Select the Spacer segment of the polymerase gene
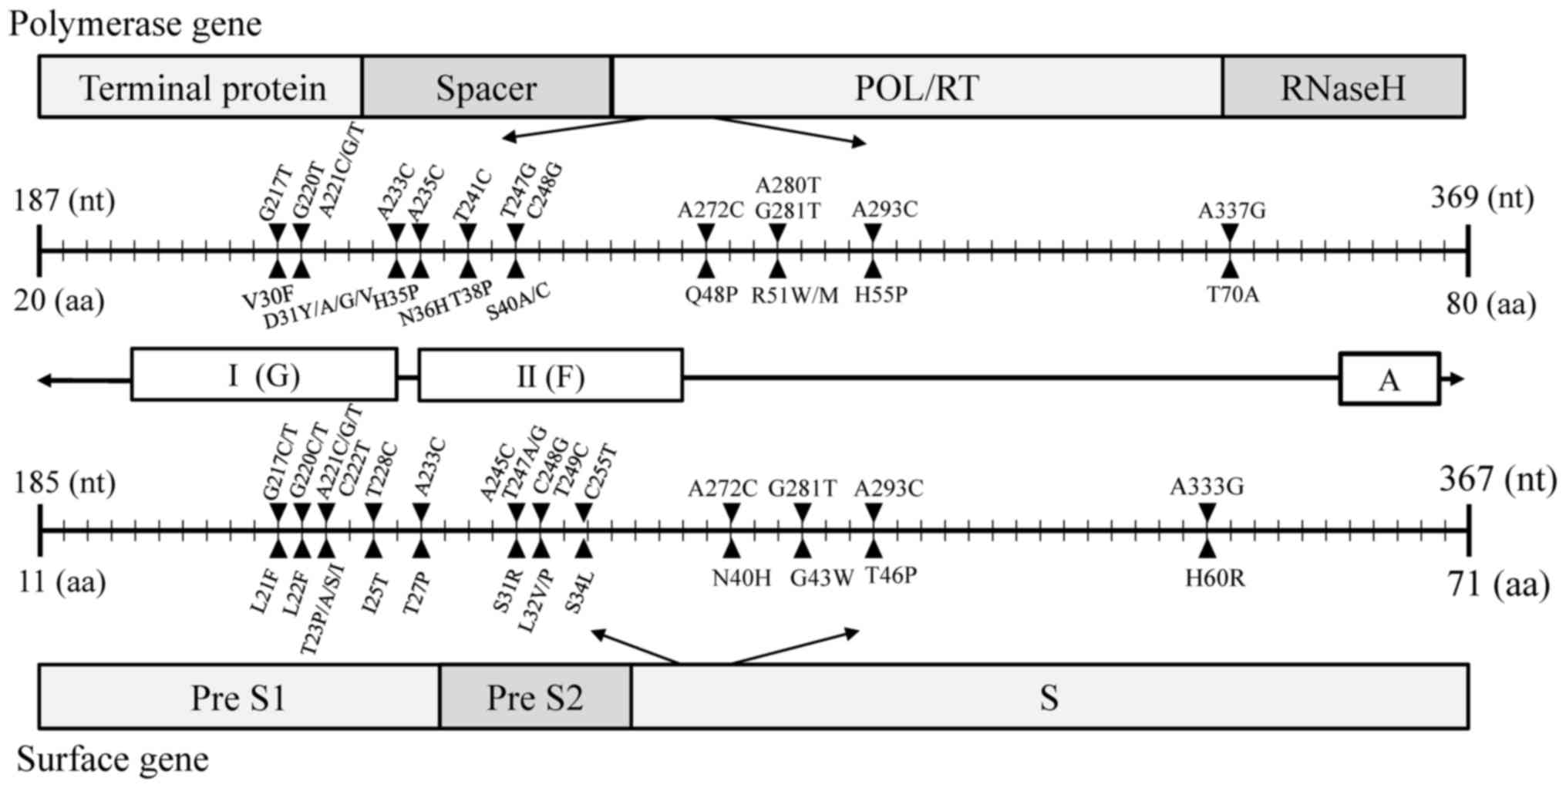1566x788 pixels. tap(487, 87)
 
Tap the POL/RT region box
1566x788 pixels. tap(916, 87)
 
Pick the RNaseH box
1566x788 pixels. tap(1342, 87)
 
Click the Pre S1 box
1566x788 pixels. tap(239, 697)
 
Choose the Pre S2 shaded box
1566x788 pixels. tap(535, 697)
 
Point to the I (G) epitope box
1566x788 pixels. tap(264, 375)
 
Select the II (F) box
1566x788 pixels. tap(550, 375)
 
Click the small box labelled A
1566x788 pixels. tap(1389, 379)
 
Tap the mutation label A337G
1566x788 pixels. tap(1231, 210)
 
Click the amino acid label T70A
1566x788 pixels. tap(1233, 295)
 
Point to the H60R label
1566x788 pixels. tap(1214, 578)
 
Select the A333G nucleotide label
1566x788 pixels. tap(1207, 487)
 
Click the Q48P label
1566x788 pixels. tap(711, 295)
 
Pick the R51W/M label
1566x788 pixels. tap(795, 295)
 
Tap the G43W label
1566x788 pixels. tap(822, 578)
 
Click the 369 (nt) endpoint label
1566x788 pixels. tap(1482, 198)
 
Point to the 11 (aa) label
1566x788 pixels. tap(62, 581)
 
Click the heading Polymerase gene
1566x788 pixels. tap(135, 23)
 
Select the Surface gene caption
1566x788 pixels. tap(113, 759)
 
